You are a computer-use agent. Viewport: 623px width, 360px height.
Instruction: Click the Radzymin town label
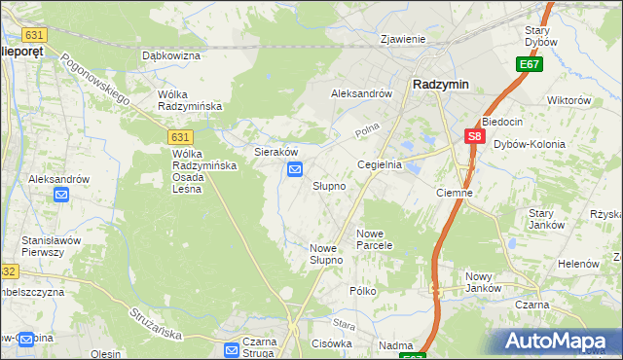point(441,85)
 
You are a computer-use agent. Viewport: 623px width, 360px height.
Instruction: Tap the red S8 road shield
point(474,138)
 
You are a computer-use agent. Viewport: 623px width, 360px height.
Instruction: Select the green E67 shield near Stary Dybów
point(530,64)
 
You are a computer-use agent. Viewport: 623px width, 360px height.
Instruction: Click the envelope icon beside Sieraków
point(295,171)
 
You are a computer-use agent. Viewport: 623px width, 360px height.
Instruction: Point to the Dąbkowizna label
point(170,56)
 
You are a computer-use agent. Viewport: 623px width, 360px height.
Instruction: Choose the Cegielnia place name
point(380,165)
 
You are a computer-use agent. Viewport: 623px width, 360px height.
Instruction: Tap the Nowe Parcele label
point(374,239)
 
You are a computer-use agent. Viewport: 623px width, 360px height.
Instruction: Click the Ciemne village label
point(455,193)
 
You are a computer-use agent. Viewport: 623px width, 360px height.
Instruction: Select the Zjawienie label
point(404,40)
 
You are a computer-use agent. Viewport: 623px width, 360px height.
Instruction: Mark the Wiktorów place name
point(569,100)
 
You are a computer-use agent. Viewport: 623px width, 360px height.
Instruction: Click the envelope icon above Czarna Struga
point(233,349)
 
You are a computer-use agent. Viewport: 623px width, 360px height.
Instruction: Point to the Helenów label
point(577,264)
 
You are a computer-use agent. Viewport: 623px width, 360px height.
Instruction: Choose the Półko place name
point(363,291)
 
